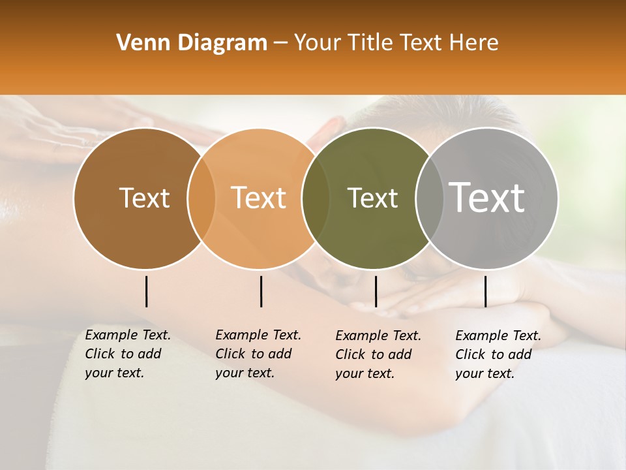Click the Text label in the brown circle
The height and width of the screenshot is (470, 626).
(144, 198)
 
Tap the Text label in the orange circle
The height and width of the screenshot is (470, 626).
(259, 198)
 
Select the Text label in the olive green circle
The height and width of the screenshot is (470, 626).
(372, 198)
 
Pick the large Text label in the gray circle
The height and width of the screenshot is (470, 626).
(487, 197)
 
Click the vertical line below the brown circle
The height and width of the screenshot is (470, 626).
(146, 291)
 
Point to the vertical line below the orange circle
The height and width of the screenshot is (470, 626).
(261, 291)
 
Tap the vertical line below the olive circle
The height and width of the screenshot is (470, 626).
(376, 291)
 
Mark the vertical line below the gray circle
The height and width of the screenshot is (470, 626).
(485, 291)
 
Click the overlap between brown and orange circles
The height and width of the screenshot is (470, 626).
(201, 198)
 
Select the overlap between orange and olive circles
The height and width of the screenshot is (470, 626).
(316, 198)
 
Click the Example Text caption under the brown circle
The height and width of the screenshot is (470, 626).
(128, 354)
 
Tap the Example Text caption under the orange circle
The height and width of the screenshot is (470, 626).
(258, 354)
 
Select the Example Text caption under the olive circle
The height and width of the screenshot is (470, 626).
(378, 354)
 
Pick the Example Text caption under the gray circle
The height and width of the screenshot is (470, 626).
(498, 354)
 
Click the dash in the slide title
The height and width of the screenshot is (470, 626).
(280, 44)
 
